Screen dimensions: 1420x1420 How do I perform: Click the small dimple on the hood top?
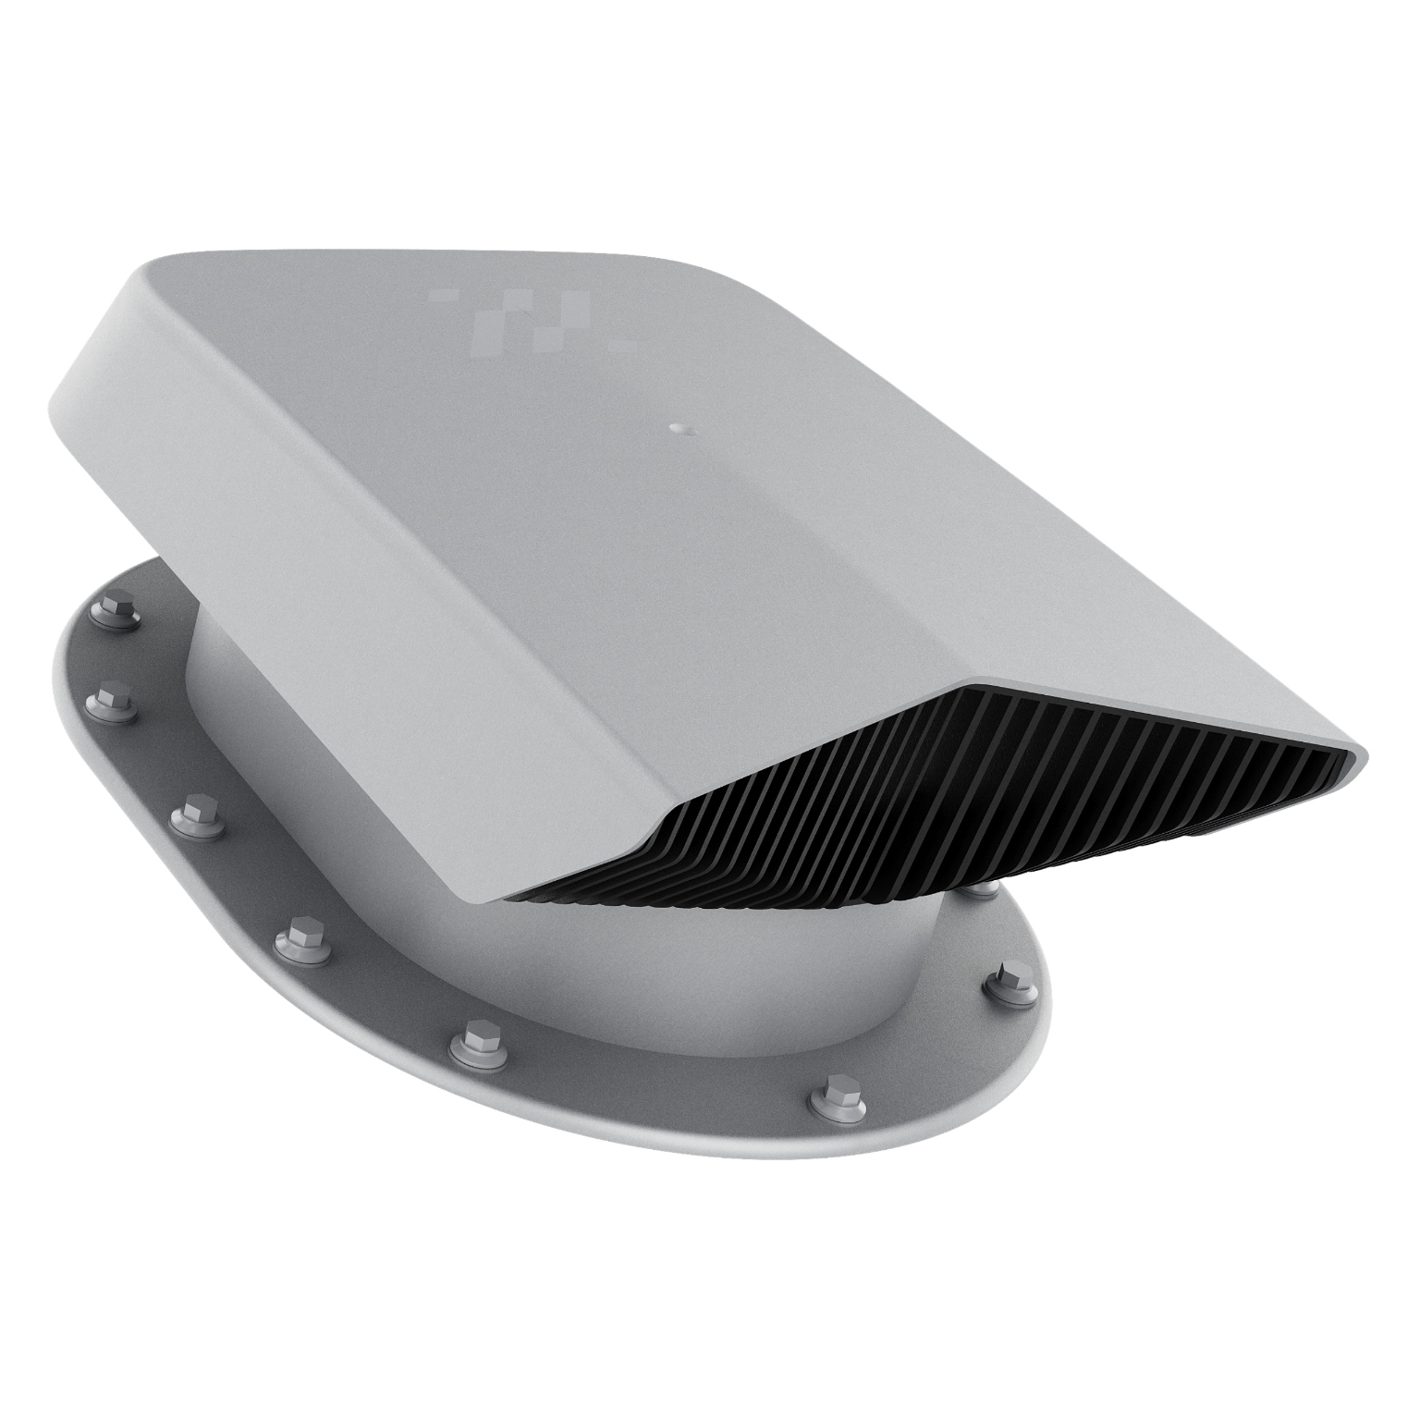tap(679, 428)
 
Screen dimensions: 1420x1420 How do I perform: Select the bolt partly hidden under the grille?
tap(982, 889)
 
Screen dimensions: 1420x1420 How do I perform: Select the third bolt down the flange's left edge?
tap(196, 812)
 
